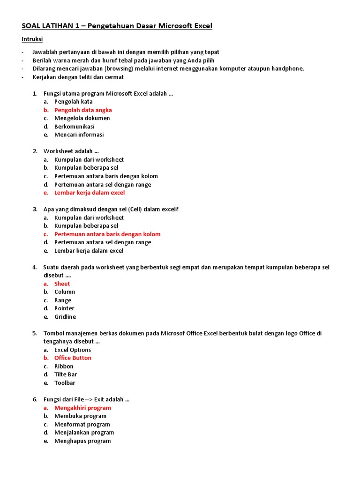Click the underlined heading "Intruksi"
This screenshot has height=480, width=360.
pos(32,39)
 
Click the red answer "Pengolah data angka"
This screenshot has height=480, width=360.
pos(83,110)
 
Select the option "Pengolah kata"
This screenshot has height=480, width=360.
pos(73,102)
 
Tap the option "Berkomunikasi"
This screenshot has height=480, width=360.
pos(74,127)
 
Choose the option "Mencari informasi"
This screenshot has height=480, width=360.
pos(79,135)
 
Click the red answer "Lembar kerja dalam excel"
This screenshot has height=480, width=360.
pos(90,193)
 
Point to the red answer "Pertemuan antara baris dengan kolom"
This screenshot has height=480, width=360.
pos(107,234)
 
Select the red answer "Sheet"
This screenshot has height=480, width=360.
pos(62,284)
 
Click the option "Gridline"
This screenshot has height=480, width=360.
pos(65,317)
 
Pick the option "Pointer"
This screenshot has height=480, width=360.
pos(64,308)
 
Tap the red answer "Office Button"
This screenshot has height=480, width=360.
pos(73,358)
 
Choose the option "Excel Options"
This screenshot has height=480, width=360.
pos(73,350)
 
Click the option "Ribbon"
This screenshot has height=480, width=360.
pos(64,367)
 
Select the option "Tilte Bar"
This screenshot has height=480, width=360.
pos(66,375)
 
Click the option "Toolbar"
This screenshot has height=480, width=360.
pos(65,383)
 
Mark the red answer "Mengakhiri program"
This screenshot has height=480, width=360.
pos(82,408)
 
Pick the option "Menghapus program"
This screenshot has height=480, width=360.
pos(82,441)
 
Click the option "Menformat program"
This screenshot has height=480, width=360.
pos(82,425)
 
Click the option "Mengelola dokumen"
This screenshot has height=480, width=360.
pos(82,118)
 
